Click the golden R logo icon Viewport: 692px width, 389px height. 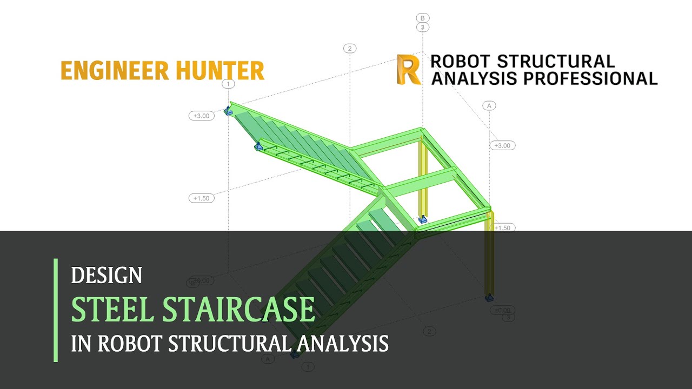tap(408, 69)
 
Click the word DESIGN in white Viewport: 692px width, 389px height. tap(107, 276)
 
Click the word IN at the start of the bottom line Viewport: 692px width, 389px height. tap(81, 344)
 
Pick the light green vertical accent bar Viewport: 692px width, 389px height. tap(56, 310)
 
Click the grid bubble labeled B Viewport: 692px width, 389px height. tap(423, 18)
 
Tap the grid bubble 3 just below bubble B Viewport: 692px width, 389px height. tap(423, 27)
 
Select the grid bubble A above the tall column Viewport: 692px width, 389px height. tap(489, 105)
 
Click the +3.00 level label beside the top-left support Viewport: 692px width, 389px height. tap(202, 116)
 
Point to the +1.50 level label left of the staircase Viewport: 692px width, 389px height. tap(202, 198)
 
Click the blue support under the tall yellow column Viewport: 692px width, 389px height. tap(489, 297)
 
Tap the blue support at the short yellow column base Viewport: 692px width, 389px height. tap(423, 219)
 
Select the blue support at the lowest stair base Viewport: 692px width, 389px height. tap(295, 354)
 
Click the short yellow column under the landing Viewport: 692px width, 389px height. tap(423, 178)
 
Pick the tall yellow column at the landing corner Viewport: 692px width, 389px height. tap(489, 254)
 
